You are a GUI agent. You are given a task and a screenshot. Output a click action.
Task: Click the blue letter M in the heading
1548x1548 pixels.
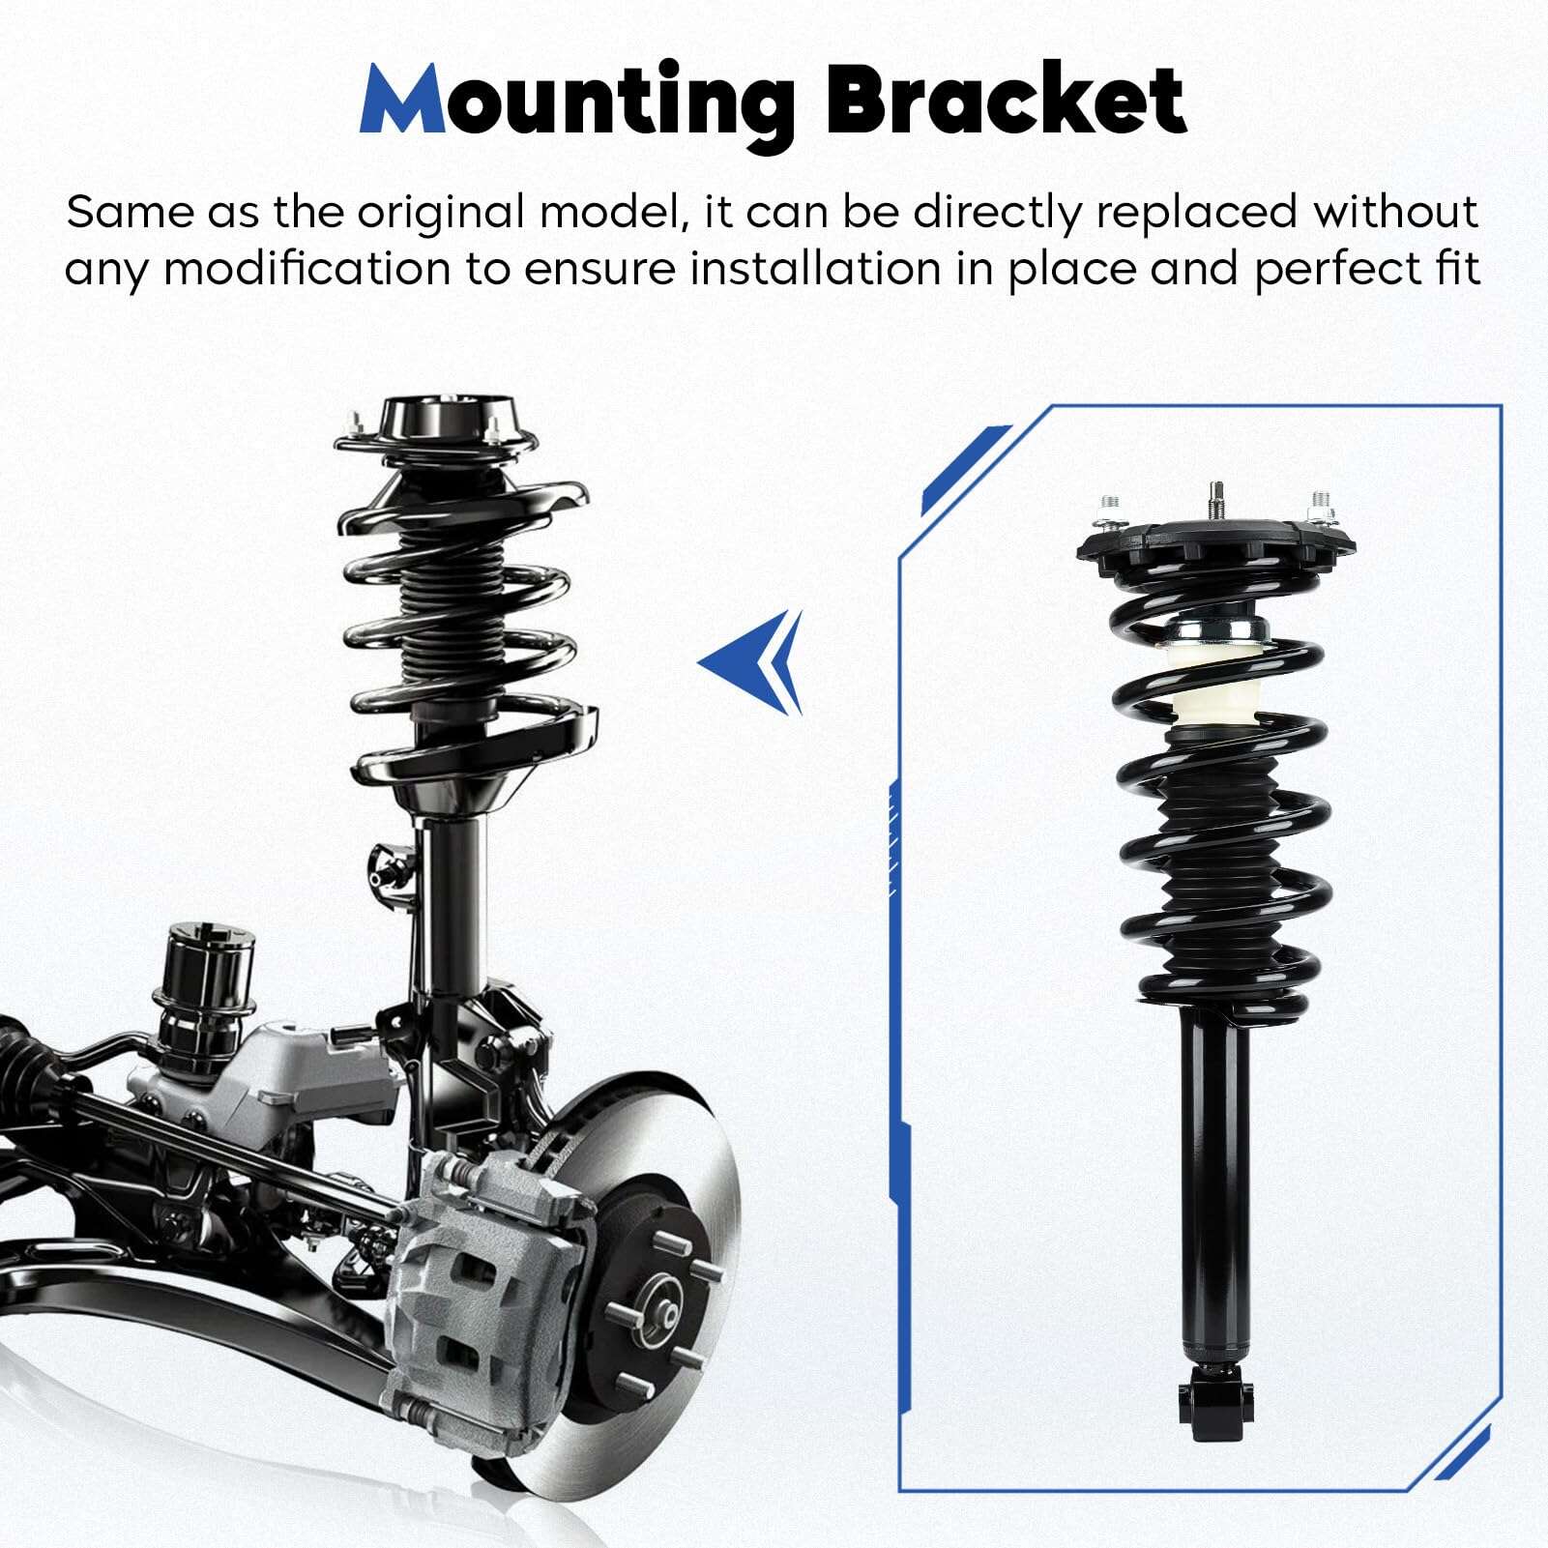(401, 102)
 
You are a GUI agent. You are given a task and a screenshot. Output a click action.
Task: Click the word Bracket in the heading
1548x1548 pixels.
(1007, 101)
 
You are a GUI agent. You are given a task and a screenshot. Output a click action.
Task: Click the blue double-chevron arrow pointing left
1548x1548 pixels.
(751, 662)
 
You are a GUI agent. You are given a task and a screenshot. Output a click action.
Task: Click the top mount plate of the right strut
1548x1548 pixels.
(1215, 553)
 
